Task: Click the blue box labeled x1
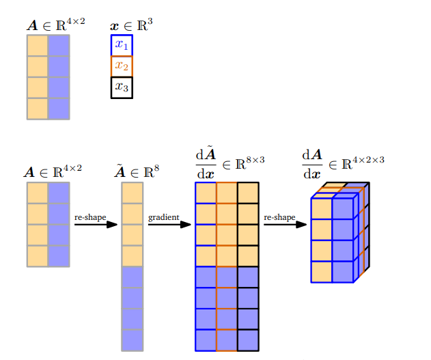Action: pos(122,45)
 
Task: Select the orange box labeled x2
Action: pos(122,66)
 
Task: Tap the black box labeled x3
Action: pos(122,87)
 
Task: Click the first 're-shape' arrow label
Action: pos(90,217)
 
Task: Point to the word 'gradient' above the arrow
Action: pos(164,217)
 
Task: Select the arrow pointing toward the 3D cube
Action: pos(285,225)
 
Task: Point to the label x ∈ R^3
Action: pos(131,25)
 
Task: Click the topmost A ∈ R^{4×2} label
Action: pos(55,25)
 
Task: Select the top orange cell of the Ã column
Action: pos(132,193)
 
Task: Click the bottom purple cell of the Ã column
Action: pos(132,340)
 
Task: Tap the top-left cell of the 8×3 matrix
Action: pos(206,193)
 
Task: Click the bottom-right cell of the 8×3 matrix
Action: pos(248,340)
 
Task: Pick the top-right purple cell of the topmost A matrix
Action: pos(59,45)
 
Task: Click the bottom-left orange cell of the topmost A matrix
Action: pos(38,109)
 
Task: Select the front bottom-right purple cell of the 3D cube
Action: pos(342,271)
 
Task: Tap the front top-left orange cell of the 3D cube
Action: pos(322,208)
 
